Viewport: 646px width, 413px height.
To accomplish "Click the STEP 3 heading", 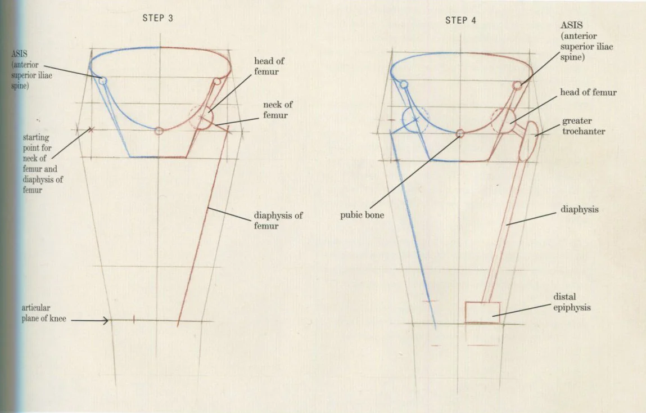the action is click(157, 18).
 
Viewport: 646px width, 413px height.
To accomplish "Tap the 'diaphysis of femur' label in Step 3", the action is click(278, 221).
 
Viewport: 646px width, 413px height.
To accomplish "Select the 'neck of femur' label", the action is click(278, 110).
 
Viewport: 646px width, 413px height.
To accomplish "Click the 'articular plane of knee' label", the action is click(44, 313).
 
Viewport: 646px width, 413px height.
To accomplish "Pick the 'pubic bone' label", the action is click(362, 215).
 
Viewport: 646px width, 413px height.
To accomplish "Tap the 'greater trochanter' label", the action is click(584, 126).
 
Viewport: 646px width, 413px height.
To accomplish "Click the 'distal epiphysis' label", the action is click(572, 302).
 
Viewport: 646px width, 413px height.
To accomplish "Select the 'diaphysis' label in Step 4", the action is click(579, 209).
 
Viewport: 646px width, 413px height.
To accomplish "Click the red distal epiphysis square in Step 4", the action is click(482, 312).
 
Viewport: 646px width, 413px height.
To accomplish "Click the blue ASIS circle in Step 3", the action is click(102, 81).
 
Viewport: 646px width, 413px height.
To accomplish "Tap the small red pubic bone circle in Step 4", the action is click(460, 133).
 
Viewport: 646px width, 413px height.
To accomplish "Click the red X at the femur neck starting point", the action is click(91, 130).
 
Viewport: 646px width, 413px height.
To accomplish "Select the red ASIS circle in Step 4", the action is click(517, 86).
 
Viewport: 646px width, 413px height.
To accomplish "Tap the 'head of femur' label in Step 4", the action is click(588, 92).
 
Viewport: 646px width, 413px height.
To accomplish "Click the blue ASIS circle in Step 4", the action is click(403, 84).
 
